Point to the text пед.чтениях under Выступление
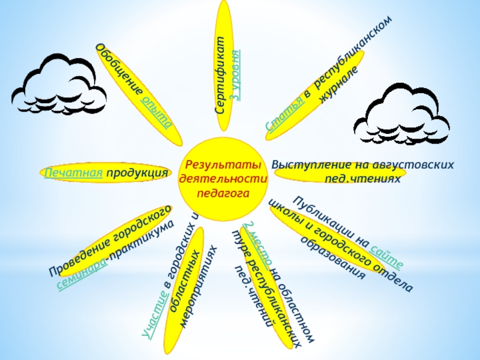pos(362,179)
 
